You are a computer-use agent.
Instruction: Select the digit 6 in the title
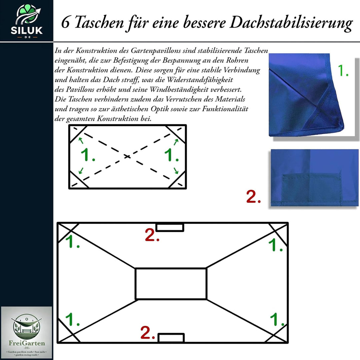coord(66,23)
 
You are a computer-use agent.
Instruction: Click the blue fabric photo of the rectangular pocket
coord(314,177)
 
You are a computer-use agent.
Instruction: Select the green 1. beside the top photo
coord(343,71)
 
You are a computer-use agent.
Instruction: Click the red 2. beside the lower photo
coord(253,197)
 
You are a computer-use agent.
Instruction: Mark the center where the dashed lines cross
coord(127,156)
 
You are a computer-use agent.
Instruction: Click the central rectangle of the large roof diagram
coord(171,284)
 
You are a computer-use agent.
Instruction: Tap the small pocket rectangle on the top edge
coord(170,227)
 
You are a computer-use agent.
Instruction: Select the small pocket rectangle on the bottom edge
coord(171,338)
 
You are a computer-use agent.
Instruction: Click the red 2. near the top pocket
coord(152,235)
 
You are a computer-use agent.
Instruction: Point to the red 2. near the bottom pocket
coord(148,333)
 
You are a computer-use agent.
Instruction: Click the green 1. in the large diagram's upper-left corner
coord(72,242)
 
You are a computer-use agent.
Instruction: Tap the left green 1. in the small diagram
coord(88,155)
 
